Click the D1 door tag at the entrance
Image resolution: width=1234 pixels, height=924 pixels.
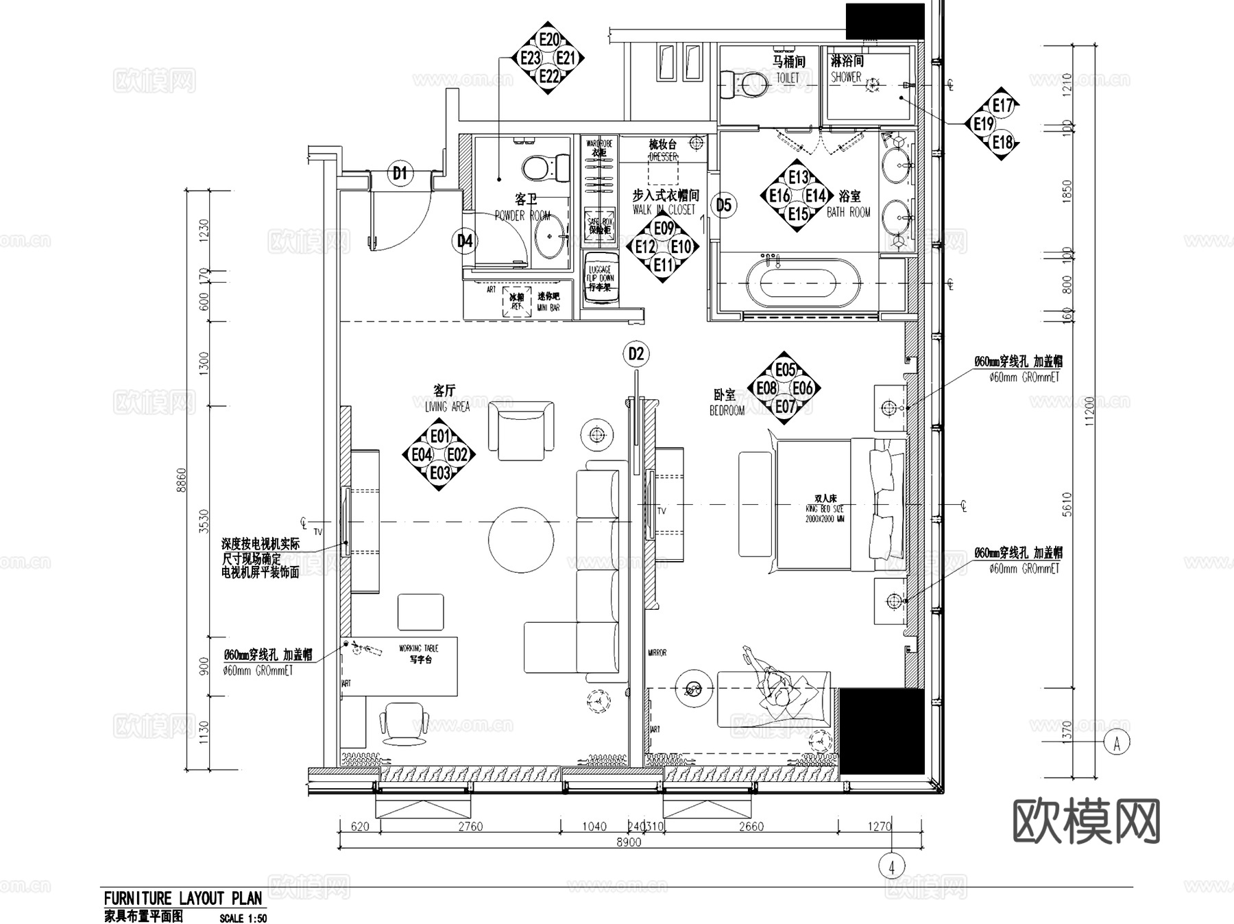pos(400,174)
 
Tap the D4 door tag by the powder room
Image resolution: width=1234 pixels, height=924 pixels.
pos(465,241)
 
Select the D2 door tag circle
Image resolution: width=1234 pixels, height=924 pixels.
pos(636,354)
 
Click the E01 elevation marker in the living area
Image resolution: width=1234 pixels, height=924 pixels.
pos(439,436)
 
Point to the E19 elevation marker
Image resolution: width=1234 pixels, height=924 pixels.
pos(983,124)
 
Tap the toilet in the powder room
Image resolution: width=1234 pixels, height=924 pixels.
pos(544,167)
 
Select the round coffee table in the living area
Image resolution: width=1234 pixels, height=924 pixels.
pos(521,539)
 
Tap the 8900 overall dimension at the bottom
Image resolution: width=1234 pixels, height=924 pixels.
pos(628,842)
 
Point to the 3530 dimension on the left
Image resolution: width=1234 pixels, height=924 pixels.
pos(204,521)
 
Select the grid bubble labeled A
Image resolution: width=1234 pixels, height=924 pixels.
pos(1117,743)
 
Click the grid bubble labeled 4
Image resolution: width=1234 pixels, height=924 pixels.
pos(891,867)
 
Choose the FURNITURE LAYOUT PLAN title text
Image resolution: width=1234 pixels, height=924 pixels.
pos(182,899)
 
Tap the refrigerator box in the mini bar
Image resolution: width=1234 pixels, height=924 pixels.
pos(516,301)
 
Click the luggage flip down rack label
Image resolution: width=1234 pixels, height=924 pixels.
pos(600,279)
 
